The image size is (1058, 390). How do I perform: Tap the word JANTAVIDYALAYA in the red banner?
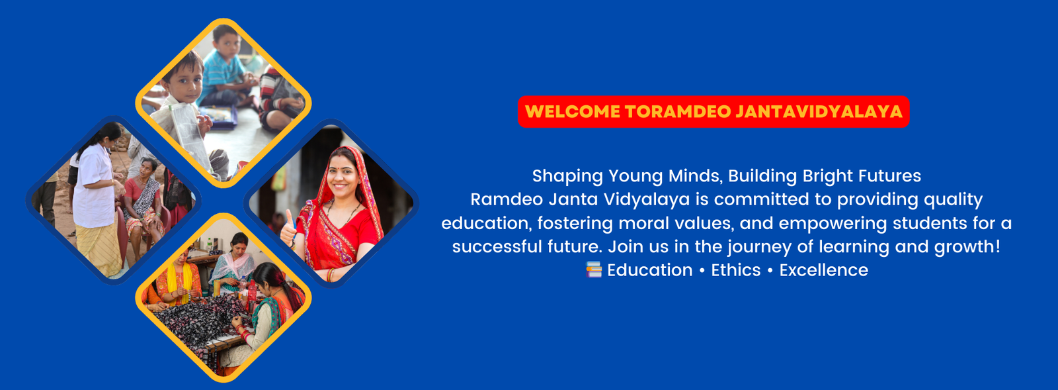(819, 111)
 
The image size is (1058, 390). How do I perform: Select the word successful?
(497, 247)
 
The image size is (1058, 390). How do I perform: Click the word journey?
(760, 247)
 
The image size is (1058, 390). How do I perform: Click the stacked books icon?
(594, 269)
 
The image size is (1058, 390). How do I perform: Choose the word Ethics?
(736, 270)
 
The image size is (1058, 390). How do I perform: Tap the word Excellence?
(823, 270)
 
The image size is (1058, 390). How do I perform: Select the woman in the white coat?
(96, 199)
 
